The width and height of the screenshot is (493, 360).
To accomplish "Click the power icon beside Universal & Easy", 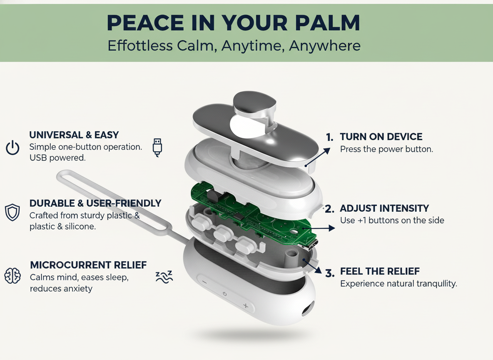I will coord(12,148).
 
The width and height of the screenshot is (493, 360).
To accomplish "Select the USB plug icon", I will coord(157,147).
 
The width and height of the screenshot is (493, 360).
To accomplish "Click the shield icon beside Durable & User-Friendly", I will coord(12,212).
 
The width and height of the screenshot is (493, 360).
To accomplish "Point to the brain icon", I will coord(12,276).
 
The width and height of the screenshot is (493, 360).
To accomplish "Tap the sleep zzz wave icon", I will coord(164,277).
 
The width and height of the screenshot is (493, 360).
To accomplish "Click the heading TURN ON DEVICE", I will coord(381,137).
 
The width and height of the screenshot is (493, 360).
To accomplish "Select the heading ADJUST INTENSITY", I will coord(384,208).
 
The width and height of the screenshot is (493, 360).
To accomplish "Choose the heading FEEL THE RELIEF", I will coord(380,272).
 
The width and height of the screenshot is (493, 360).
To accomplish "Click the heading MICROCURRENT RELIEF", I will coord(88,265).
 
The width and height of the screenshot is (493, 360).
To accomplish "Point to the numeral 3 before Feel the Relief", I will coord(330,273).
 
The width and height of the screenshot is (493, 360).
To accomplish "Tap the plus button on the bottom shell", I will coord(246,306).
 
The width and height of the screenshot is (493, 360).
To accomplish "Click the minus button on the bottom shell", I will coord(204,282).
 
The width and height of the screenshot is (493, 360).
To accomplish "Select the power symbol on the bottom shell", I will coord(224,294).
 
